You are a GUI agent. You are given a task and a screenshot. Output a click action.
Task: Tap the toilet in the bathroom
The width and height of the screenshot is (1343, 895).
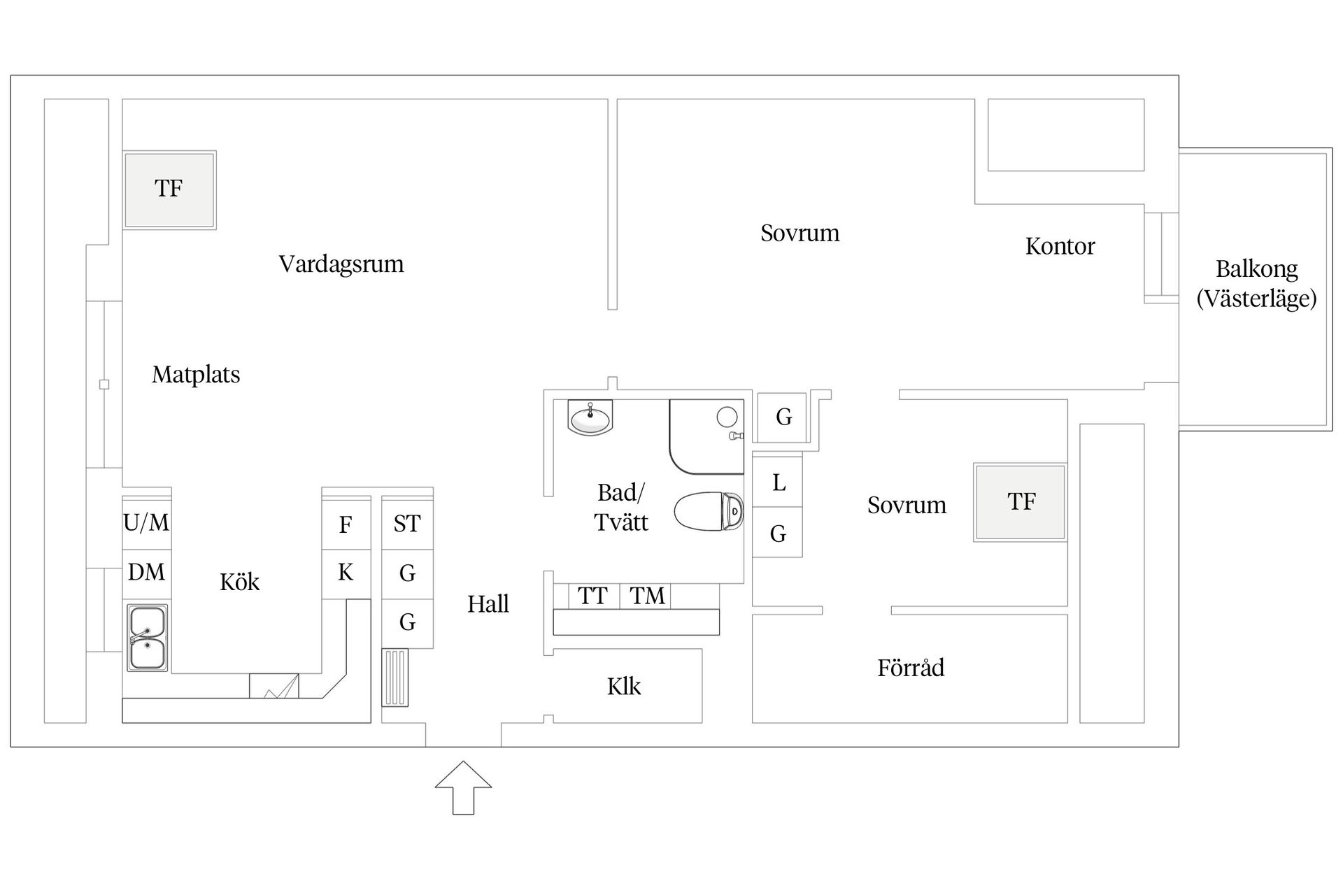(x=709, y=510)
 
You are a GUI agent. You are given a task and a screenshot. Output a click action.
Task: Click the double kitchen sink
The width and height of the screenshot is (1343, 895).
(x=147, y=638)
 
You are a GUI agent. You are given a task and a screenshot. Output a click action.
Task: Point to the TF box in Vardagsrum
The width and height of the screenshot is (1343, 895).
(x=169, y=189)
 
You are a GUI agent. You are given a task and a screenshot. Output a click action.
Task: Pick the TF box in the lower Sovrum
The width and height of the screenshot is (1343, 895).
(x=1021, y=502)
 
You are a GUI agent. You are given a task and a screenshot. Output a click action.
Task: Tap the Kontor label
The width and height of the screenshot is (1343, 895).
(x=1060, y=246)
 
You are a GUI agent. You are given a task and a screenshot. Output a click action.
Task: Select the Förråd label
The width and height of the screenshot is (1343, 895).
(x=911, y=668)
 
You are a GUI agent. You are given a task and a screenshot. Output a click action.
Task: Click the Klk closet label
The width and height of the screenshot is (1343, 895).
(x=624, y=687)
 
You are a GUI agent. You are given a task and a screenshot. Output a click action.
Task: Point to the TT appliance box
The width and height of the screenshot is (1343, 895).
(x=592, y=596)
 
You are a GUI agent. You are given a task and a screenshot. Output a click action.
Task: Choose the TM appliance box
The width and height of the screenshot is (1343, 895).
(x=647, y=596)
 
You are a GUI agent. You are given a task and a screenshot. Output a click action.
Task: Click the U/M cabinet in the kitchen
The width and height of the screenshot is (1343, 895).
(x=146, y=522)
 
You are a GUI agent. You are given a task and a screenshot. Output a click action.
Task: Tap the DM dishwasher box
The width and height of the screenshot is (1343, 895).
(x=146, y=573)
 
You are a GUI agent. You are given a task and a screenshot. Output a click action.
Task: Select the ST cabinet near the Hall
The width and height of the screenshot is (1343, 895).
(x=407, y=524)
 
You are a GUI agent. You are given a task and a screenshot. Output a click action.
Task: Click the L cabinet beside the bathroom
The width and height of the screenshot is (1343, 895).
(x=779, y=482)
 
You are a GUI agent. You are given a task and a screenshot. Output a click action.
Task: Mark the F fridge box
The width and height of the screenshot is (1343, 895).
(x=346, y=524)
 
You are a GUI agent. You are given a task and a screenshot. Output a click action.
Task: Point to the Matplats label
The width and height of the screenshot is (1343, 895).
(x=196, y=375)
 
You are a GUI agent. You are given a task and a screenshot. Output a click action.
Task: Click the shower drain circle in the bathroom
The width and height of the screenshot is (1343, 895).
(x=727, y=417)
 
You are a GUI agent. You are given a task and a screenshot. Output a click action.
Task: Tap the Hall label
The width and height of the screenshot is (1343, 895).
(x=488, y=604)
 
